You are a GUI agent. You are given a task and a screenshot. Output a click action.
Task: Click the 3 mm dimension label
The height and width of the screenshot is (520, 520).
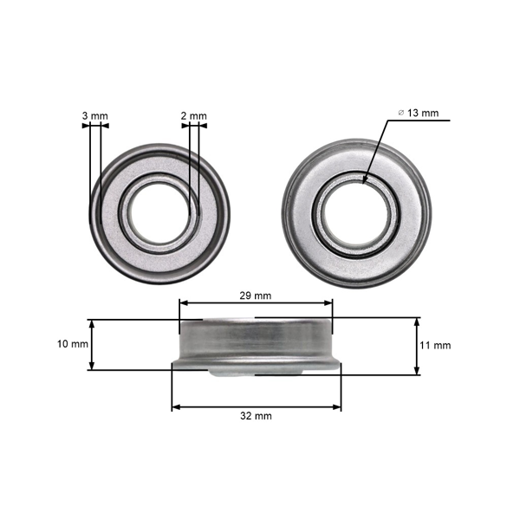[x=94, y=115]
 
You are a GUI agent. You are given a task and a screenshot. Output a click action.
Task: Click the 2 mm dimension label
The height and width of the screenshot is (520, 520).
[x=194, y=115]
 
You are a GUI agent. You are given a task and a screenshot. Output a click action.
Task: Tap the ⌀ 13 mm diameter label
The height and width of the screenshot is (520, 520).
[x=418, y=113]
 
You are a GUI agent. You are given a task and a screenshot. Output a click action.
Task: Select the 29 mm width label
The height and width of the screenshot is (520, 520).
[x=255, y=296]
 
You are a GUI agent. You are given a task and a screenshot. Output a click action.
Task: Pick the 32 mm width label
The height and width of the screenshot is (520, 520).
[x=256, y=416]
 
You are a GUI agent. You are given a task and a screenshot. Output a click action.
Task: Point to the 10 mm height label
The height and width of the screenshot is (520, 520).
[x=73, y=344]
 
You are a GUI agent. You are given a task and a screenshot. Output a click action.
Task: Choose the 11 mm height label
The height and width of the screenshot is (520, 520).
[x=435, y=346]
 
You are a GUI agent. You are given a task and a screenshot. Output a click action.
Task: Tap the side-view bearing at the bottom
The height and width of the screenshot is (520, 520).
[x=256, y=345]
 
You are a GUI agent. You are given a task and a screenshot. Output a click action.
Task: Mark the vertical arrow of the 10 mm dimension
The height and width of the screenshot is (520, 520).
[x=92, y=345]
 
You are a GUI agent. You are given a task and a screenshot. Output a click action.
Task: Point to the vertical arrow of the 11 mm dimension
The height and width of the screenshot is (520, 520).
[x=418, y=346]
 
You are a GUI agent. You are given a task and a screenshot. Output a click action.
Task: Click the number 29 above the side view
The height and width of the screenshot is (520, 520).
[x=246, y=296]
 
